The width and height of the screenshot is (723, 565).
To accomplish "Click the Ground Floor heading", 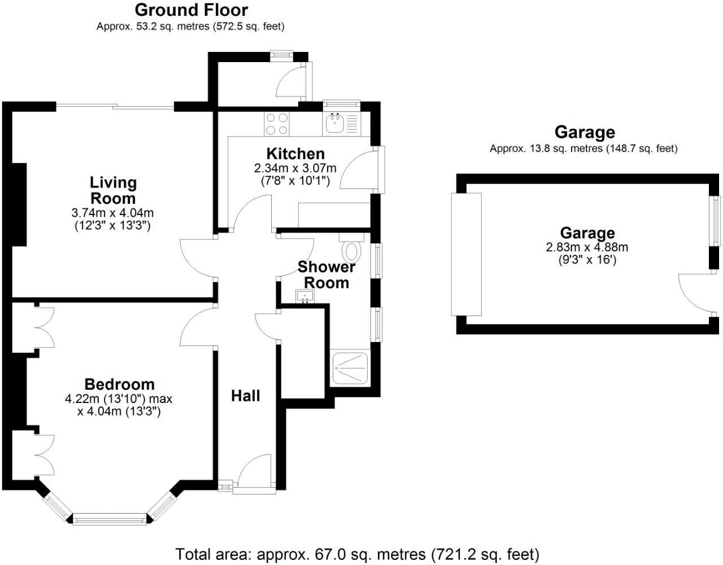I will click(191, 10).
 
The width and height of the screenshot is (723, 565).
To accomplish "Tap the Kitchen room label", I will click(295, 154).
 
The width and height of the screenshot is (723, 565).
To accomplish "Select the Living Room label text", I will click(114, 190).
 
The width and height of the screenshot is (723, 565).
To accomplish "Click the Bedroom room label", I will click(119, 384).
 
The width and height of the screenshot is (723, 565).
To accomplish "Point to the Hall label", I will click(246, 396).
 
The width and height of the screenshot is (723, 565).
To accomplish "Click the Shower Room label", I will click(326, 274).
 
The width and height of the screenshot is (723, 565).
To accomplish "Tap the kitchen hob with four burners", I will click(277, 124).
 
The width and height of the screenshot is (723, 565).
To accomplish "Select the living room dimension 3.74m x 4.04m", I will click(113, 213).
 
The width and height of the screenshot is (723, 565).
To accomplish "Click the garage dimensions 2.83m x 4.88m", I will click(587, 247).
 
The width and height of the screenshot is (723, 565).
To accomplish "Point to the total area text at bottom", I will click(357, 554).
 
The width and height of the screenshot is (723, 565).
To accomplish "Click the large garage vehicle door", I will click(465, 254).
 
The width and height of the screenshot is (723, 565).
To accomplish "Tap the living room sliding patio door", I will click(115, 106).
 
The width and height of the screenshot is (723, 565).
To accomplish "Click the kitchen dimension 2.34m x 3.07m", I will click(295, 168).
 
